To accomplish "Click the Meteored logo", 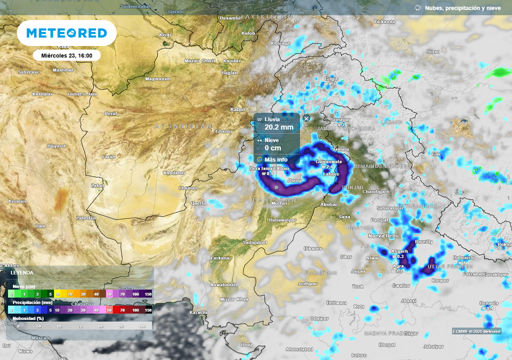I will [x=66, y=33].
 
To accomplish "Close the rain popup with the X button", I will [x=306, y=118].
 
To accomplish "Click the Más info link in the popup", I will [x=276, y=159].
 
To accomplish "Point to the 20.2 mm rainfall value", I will [x=278, y=127].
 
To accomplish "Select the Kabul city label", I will [x=236, y=109].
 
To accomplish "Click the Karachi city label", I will [x=198, y=312].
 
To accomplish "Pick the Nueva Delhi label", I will [x=383, y=235].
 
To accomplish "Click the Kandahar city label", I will [x=174, y=173].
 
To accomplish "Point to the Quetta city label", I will [x=198, y=203].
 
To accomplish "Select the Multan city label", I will [x=279, y=204].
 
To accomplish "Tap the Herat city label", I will [x=110, y=114].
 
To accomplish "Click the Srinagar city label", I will [x=341, y=120].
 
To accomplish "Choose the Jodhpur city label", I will [x=307, y=283].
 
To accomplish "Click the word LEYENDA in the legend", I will [x=22, y=273].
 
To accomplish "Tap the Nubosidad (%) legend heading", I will [x=28, y=318].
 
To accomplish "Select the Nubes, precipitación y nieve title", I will [x=462, y=8].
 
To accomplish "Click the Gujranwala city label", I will [x=328, y=162].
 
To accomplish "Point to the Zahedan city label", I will [x=85, y=218].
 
